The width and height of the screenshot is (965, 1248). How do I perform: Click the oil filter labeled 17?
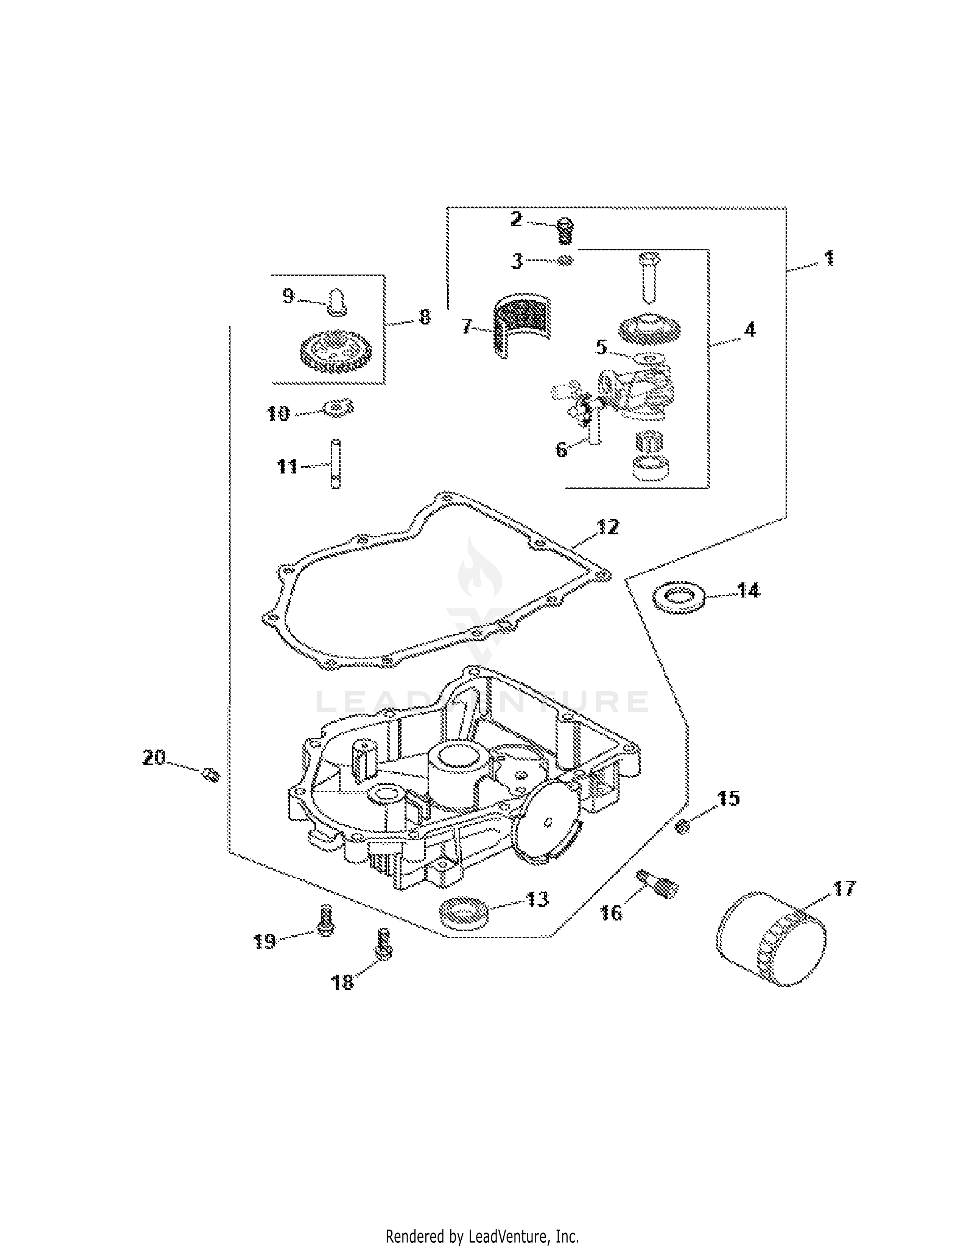770,937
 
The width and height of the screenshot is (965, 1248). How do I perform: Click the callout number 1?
828,258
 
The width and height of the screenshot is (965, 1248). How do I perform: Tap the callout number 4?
749,330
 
